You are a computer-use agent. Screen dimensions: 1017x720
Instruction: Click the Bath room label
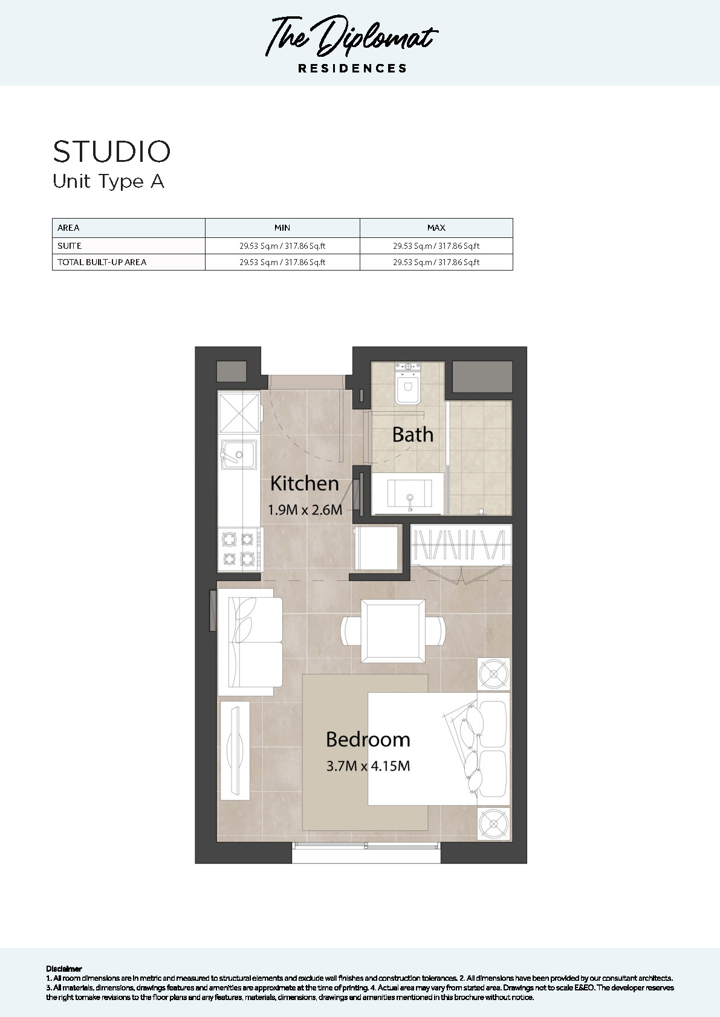(412, 434)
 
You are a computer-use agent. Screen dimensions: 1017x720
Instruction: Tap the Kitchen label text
(304, 483)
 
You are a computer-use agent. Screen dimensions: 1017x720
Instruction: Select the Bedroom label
(368, 739)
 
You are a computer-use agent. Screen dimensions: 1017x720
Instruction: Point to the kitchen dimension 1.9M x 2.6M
(305, 510)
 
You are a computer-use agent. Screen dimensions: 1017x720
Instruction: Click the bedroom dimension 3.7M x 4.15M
(368, 766)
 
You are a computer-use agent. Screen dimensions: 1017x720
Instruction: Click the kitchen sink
(238, 454)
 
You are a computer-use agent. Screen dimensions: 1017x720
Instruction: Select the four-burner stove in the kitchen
(239, 548)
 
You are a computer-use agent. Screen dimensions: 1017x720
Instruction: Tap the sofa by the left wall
(250, 641)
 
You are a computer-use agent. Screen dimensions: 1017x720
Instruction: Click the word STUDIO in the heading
(112, 152)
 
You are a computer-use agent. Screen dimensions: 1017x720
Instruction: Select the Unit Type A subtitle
(108, 181)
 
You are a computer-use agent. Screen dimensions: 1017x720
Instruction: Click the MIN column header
(282, 228)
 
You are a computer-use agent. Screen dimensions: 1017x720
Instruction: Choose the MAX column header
(436, 228)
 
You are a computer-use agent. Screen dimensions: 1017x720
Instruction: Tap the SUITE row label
(70, 246)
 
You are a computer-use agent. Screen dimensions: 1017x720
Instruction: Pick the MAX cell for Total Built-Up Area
(436, 262)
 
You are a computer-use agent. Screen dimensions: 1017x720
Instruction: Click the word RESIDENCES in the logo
(352, 68)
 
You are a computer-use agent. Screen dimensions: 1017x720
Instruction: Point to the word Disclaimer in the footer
(63, 969)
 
